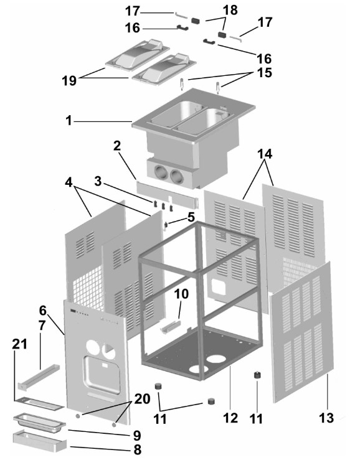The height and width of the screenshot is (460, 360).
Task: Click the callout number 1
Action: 69,120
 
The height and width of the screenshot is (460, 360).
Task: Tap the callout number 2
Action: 117,146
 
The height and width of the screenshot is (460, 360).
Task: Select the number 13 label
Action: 326,418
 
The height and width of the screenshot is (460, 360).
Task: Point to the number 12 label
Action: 230,418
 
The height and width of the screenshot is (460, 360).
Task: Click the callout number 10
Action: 181,294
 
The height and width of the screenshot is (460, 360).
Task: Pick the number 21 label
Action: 19,344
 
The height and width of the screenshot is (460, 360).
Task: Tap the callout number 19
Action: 69,80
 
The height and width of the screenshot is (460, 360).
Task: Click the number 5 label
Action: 191,217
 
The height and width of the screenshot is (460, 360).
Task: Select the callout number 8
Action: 137,449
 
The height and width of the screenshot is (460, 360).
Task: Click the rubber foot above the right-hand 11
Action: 257,375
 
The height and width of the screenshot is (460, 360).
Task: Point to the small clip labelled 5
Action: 166,225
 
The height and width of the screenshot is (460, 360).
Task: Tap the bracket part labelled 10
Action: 170,327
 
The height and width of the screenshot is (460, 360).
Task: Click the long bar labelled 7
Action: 39,377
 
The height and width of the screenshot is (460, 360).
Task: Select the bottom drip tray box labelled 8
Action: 40,441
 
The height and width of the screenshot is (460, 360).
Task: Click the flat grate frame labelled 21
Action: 39,403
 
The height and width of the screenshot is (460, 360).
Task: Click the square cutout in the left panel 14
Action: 218,286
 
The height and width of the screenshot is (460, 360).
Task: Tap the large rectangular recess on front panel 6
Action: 102,375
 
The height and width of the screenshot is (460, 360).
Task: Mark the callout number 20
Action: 143,399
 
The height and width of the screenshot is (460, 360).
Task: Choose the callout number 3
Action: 98,181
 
